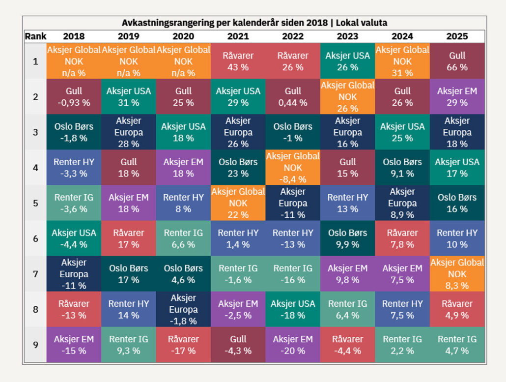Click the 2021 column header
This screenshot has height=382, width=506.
tap(238, 36)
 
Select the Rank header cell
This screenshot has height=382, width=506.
tap(35, 36)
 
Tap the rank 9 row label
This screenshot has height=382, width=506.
tap(35, 345)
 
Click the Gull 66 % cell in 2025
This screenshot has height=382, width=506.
tap(457, 61)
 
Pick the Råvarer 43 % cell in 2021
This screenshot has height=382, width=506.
tap(238, 61)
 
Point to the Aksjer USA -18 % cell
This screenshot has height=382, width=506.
tap(293, 309)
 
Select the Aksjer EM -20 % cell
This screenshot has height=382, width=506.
tap(293, 345)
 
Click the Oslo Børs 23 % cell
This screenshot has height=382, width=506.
tap(238, 168)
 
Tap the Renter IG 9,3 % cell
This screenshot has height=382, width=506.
tap(128, 345)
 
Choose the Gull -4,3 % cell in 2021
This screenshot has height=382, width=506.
tap(238, 345)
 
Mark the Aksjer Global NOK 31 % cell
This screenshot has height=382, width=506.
tap(402, 61)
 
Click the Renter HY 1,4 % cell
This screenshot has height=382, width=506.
tap(238, 238)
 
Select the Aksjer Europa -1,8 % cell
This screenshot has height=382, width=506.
tap(183, 309)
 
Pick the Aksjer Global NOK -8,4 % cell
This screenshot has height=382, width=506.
tap(293, 168)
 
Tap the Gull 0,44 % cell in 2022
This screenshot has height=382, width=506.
tap(293, 97)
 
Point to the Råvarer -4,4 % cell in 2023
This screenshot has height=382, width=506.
tap(347, 345)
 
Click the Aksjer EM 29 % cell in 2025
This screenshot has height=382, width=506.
tap(457, 97)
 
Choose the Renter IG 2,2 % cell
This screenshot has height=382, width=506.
tap(402, 345)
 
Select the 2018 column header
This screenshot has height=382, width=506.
tap(74, 36)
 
